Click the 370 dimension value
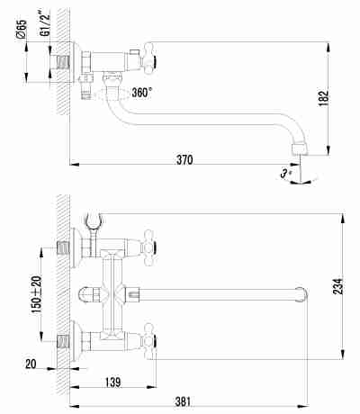184,160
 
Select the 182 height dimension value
324,98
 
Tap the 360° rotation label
142,93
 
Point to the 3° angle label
285,174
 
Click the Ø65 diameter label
21,30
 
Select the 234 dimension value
337,286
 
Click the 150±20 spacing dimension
37,294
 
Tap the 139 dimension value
113,382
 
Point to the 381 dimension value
183,401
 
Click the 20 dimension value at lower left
31,364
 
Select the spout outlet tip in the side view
300,149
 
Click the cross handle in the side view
148,58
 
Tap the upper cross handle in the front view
149,247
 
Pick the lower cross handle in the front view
149,341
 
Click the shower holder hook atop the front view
94,220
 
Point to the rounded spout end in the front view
301,294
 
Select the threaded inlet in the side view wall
62,62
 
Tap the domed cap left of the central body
86,294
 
